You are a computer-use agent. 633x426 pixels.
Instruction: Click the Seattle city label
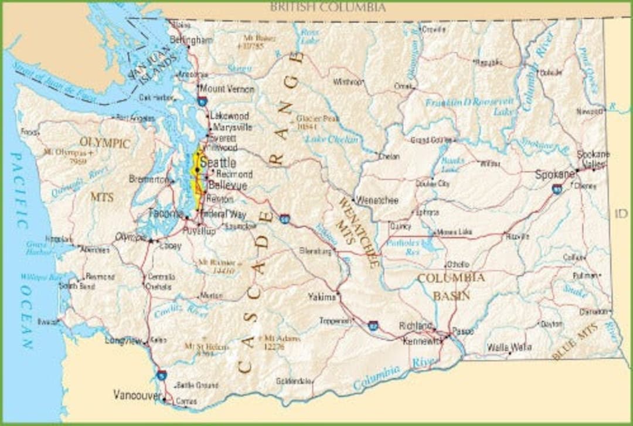[x=218, y=162]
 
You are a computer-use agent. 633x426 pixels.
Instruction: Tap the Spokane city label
[x=554, y=175]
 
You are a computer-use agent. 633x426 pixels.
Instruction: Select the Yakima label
[x=322, y=297]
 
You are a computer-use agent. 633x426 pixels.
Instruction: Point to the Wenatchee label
[x=377, y=200]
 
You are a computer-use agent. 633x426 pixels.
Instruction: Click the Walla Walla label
[x=509, y=347]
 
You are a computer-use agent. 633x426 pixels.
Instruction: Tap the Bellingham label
[x=191, y=40]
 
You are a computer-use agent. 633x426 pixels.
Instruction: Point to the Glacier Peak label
[x=318, y=121]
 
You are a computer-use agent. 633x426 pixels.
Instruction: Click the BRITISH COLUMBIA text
[x=328, y=8]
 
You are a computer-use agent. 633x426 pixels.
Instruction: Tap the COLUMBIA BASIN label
[x=451, y=286]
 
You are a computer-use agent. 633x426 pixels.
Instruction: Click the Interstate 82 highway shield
[x=373, y=326]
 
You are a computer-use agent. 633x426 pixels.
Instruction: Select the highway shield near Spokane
[x=556, y=189]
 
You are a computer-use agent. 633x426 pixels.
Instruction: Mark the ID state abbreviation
[x=621, y=214]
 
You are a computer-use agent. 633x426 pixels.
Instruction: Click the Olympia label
[x=130, y=236]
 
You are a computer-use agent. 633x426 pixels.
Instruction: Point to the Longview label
[x=124, y=340]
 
